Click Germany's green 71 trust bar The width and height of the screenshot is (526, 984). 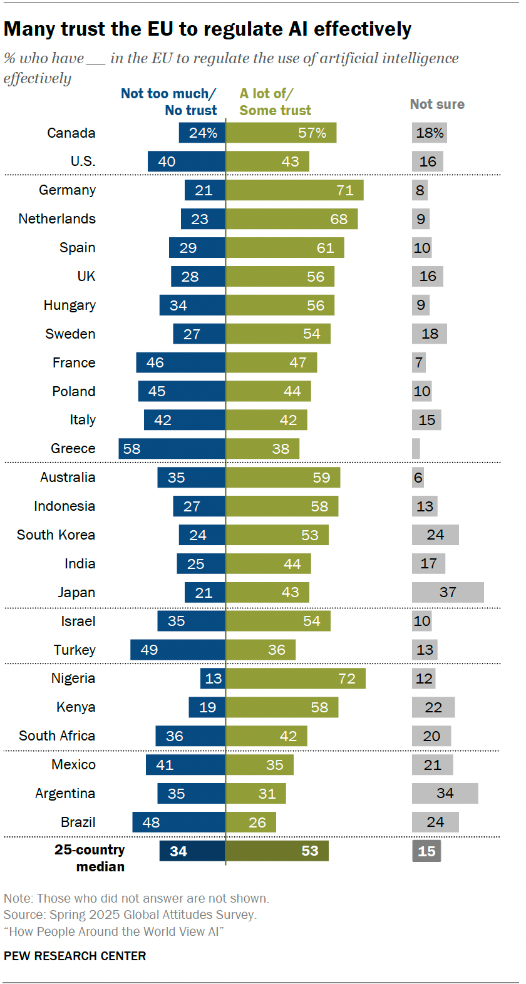point(294,190)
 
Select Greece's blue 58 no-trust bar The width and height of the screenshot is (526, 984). point(172,449)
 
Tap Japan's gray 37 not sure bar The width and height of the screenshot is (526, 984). point(448,592)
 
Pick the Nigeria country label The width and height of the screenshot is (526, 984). point(73,679)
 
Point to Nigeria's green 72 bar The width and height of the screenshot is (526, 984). point(296,679)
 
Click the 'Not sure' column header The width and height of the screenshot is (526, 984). point(437,105)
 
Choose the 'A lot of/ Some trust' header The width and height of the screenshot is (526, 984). point(275,102)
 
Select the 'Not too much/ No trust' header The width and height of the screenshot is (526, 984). point(169,102)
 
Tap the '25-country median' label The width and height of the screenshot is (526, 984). point(90,858)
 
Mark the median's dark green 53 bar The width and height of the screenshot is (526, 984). point(277,851)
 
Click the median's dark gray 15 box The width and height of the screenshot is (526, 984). point(426,851)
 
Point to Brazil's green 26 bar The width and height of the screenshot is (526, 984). point(250,823)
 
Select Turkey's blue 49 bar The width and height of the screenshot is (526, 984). point(177,650)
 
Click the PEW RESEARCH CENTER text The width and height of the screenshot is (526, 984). point(75,956)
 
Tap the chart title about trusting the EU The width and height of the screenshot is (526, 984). point(207,29)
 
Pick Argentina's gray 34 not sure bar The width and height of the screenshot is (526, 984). point(445,794)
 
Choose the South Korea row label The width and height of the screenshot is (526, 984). point(56,535)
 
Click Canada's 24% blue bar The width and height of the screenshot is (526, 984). point(202,133)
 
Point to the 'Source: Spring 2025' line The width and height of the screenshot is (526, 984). point(130,915)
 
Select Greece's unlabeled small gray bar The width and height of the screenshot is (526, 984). point(416,449)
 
